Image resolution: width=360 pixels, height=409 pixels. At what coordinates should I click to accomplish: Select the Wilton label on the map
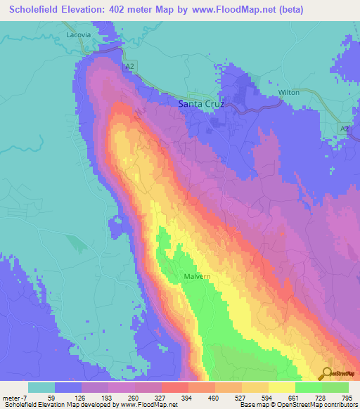tap(289, 92)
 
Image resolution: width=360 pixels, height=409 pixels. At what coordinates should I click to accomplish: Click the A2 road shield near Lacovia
tap(129, 67)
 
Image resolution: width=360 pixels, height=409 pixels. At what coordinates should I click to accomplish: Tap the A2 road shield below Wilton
tap(344, 129)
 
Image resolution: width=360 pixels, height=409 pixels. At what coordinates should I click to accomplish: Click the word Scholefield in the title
tap(36, 10)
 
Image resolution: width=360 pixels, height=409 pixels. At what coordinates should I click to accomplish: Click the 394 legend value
tap(187, 398)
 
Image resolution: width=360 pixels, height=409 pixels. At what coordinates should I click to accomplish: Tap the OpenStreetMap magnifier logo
tap(327, 373)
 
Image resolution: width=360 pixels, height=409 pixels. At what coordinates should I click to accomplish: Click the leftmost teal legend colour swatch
tap(41, 387)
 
